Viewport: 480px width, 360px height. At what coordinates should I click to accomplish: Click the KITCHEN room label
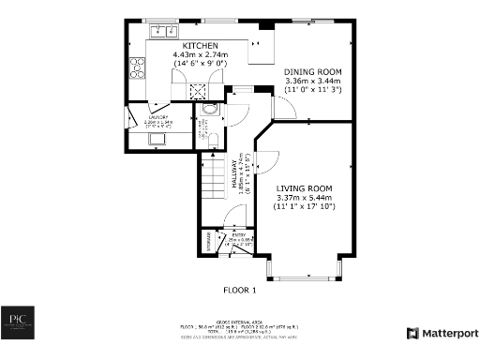201,46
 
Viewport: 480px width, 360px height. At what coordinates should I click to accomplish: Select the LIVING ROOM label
304,188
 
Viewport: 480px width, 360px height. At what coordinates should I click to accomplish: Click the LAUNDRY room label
136,117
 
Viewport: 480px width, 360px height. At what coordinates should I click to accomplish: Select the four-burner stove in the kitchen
137,67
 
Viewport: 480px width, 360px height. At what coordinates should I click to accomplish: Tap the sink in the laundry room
156,140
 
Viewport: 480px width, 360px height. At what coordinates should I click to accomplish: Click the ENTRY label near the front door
238,235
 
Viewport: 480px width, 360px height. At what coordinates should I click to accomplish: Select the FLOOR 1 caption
242,289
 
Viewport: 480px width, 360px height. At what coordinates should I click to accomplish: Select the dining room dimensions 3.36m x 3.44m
313,82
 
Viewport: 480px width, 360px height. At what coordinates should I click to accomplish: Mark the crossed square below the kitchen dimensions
199,91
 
